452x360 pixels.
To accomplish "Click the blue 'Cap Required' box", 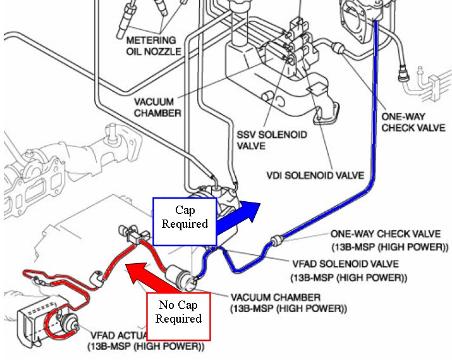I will pyautogui.click(x=185, y=221).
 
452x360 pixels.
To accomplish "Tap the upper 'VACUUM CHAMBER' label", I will pyautogui.click(x=157, y=107).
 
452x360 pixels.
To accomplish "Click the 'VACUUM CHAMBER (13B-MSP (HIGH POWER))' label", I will pyautogui.click(x=288, y=302).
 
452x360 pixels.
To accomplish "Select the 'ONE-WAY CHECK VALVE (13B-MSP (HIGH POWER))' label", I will pyautogui.click(x=385, y=240).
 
